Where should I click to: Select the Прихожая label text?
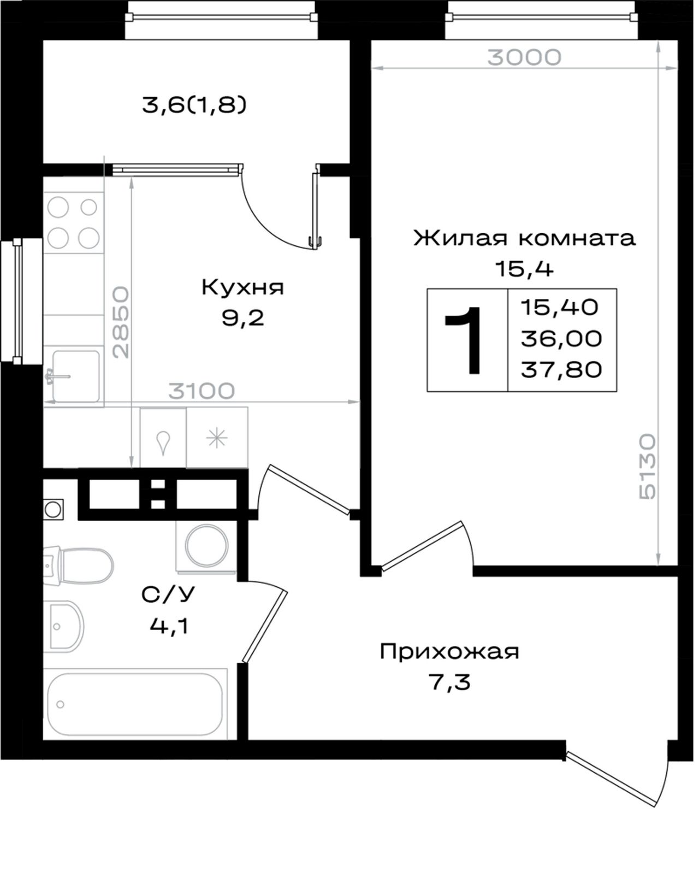449,652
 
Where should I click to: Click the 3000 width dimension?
524,57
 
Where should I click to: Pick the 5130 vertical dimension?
647,467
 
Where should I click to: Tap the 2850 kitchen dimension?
121,322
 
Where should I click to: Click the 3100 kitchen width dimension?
202,391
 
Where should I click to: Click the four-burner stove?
74,223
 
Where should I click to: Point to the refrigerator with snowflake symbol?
217,438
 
